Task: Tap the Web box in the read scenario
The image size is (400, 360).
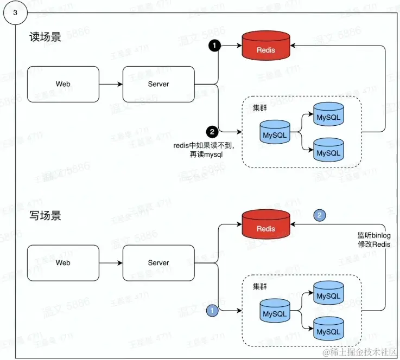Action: [63, 84]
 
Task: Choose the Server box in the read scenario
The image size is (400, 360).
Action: [158, 84]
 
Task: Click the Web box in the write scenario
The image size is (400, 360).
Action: [63, 263]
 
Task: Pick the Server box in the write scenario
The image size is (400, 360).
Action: [158, 263]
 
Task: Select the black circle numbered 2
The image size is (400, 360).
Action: [212, 131]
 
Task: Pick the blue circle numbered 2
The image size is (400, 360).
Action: [320, 215]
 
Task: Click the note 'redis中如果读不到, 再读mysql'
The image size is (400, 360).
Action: [199, 150]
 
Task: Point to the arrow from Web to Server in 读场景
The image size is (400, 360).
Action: [111, 84]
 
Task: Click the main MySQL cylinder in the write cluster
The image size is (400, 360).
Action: [274, 313]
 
